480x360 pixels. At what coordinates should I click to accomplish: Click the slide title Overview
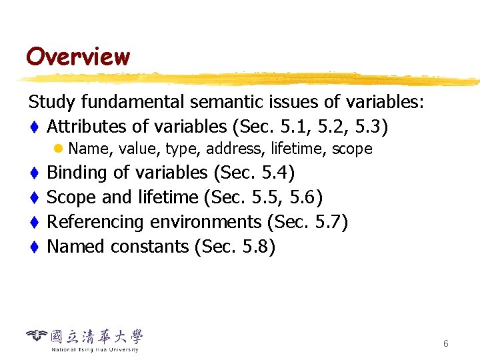pos(77,56)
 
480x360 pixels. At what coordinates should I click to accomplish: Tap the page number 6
pos(445,343)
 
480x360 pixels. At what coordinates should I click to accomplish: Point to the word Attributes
pos(87,126)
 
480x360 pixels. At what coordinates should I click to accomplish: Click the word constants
pos(150,247)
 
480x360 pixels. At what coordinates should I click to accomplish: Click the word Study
pos(52,102)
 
